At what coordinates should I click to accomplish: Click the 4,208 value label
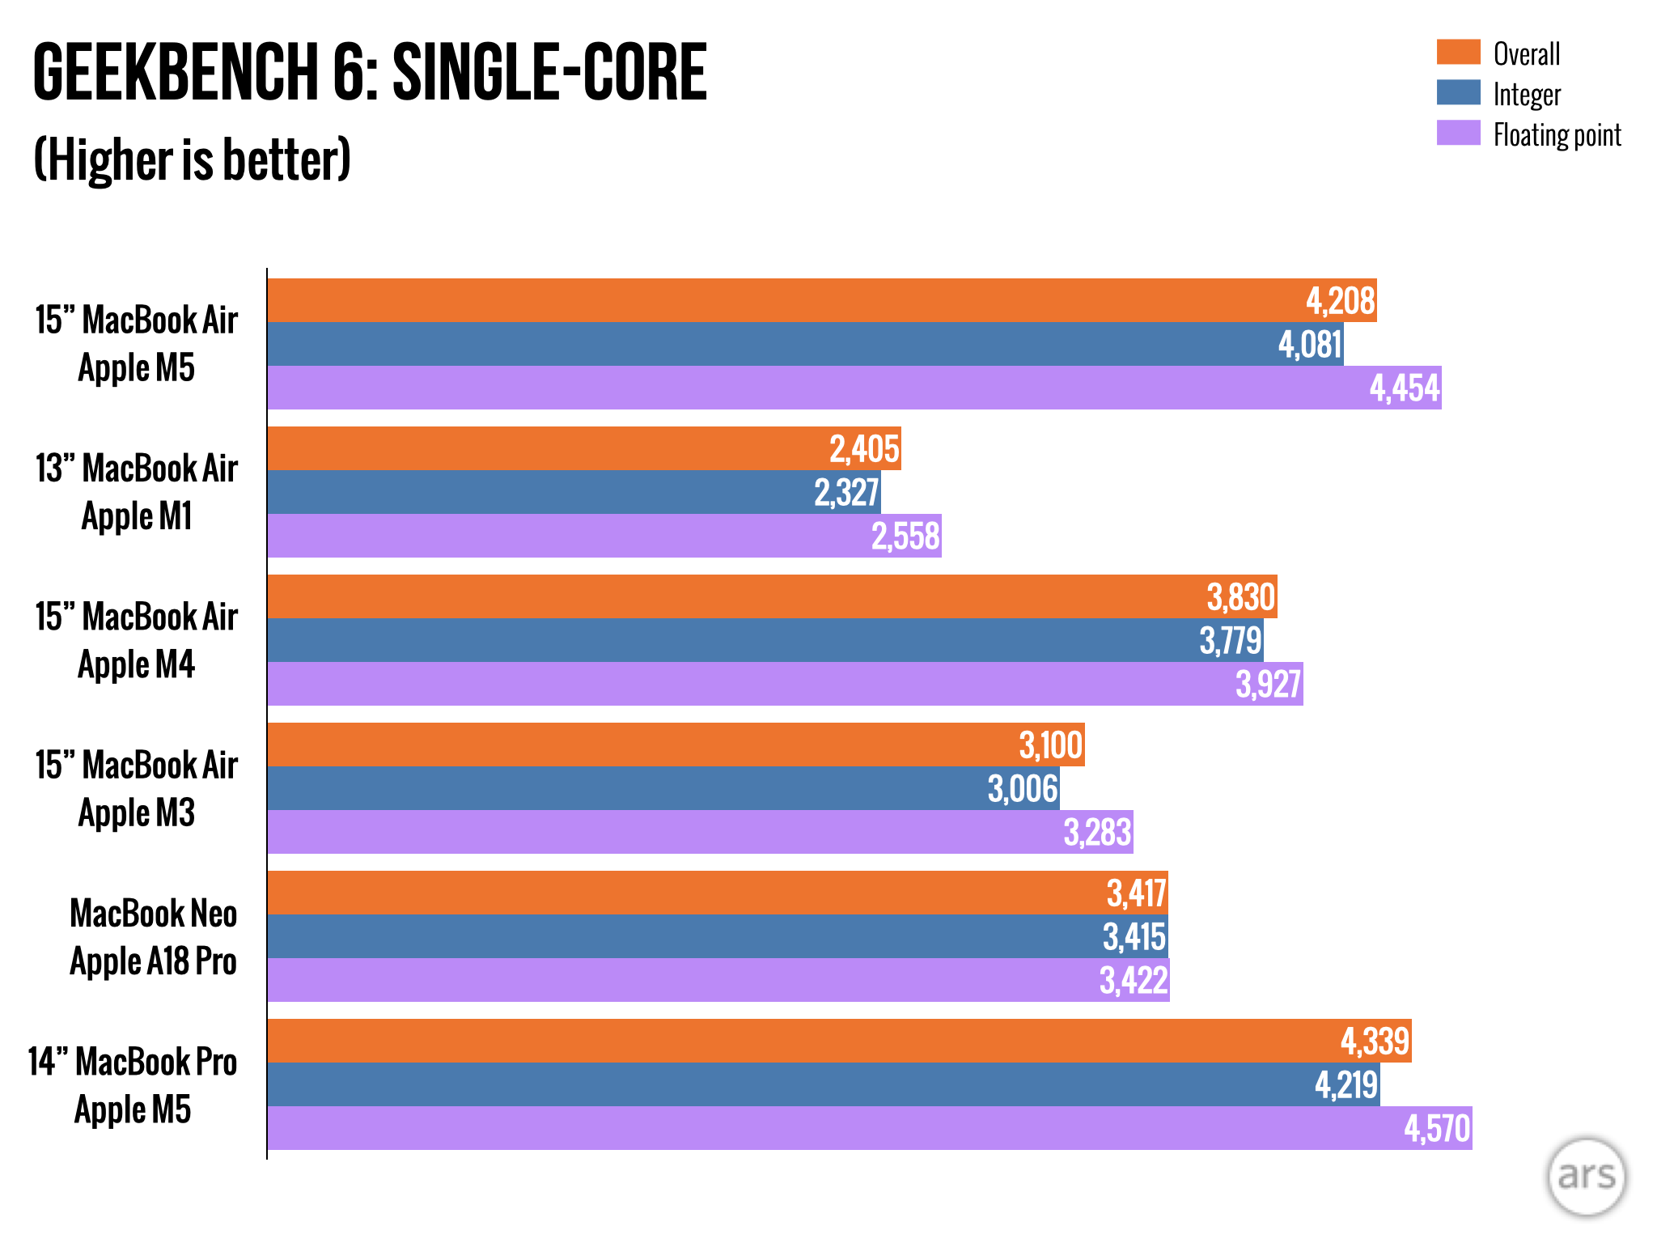[x=1340, y=301]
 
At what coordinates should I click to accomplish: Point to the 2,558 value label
[x=905, y=537]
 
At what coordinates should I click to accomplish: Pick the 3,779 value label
[x=1230, y=641]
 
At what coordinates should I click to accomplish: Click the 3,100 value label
[x=1050, y=745]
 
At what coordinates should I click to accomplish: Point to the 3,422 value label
[x=1134, y=981]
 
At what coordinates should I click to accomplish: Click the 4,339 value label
[x=1375, y=1041]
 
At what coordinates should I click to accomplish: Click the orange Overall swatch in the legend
[x=1458, y=52]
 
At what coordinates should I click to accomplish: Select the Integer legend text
[x=1527, y=95]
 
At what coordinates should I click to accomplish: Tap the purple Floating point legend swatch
[x=1458, y=133]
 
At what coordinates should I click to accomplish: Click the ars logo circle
[x=1586, y=1176]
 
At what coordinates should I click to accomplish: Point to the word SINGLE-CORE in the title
[x=549, y=73]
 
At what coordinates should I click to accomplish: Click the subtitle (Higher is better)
[x=192, y=159]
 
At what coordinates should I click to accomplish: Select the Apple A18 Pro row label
[x=153, y=961]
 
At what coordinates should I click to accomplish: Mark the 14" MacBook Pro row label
[x=133, y=1062]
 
